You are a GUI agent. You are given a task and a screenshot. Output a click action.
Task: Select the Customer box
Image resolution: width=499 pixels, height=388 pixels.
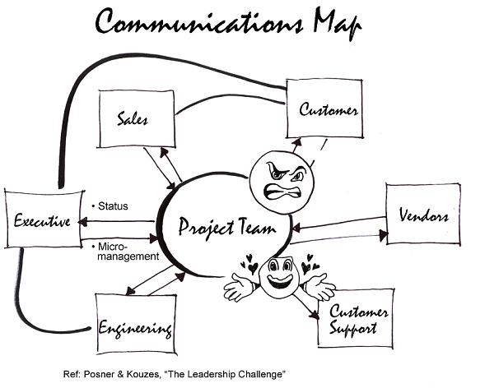(323, 109)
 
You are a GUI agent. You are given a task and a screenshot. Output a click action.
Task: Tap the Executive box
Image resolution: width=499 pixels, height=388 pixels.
(40, 220)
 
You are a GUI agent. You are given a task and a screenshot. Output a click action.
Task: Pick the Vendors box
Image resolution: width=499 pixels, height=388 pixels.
(422, 215)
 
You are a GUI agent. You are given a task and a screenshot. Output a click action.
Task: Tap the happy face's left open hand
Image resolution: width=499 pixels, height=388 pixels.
(239, 288)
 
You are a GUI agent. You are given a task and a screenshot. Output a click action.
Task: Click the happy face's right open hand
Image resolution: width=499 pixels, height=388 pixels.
(320, 289)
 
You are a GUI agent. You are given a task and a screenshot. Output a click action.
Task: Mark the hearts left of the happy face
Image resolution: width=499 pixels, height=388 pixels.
(247, 266)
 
